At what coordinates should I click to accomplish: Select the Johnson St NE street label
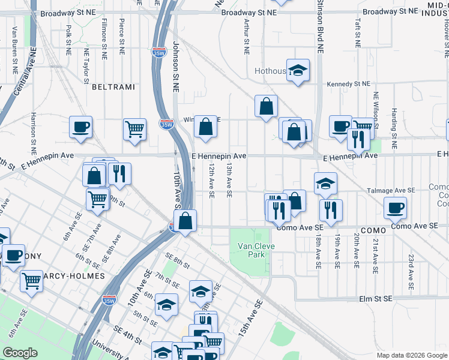[x=176, y=66]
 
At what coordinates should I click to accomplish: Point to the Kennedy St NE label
[x=349, y=85]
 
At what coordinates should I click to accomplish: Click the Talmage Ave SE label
[x=392, y=190]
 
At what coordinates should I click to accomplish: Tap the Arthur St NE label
[x=246, y=37]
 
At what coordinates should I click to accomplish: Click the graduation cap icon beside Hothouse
[x=298, y=71]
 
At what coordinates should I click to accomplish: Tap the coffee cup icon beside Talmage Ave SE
[x=395, y=208]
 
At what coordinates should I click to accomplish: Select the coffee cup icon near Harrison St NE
[x=80, y=127]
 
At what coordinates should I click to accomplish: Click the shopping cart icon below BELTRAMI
[x=134, y=128]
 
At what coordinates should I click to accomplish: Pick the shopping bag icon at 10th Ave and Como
[x=186, y=220]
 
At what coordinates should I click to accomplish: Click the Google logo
[x=20, y=352]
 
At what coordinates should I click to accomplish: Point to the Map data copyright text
[x=412, y=355]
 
